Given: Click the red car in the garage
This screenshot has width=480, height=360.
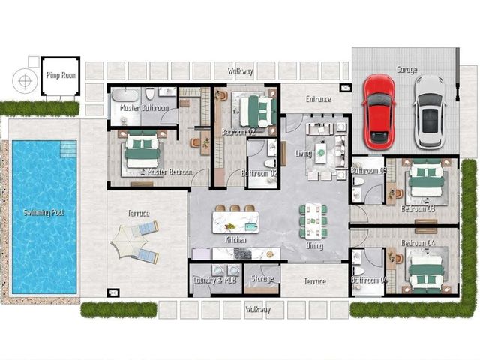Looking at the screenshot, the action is pos(379,112).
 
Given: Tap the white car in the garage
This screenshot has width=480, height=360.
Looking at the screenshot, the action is pos(430,112).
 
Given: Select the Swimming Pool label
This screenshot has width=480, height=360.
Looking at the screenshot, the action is pos(43,212).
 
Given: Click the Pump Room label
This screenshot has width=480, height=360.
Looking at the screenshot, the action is pos(61,75).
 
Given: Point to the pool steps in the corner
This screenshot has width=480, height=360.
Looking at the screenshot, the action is pos(68,148).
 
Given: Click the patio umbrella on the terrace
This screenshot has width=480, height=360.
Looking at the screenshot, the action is pos(127,241).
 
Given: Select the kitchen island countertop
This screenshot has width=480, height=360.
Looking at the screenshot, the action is pos(235,222).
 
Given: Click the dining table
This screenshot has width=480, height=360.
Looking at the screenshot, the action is pos(313,220).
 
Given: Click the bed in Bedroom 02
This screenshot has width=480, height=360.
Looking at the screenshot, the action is pos(258,111).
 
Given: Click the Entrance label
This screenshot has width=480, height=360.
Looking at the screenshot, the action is pos(318,99).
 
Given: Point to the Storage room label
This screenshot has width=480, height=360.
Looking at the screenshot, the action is pos(262,278).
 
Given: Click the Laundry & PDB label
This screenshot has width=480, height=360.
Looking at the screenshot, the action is pos(215,280).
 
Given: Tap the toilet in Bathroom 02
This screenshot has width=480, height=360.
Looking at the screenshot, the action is pos(270,163).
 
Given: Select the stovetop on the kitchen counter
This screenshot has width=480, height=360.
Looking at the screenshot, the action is pos(243,253).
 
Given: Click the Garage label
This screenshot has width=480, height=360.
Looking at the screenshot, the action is pos(406,70).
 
